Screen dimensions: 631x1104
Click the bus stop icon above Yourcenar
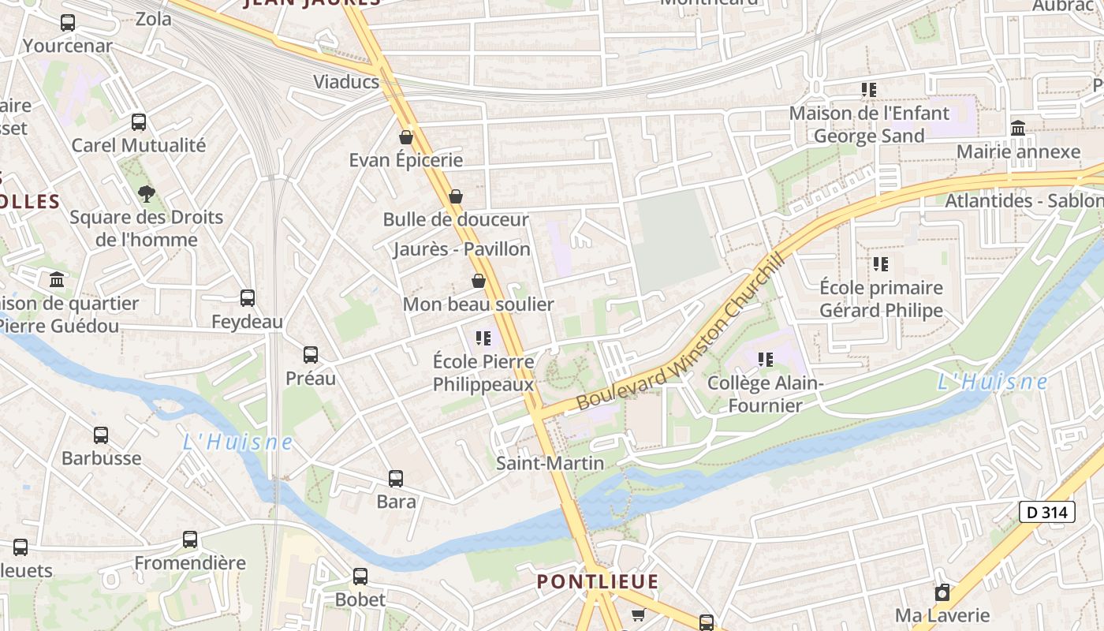[x=68, y=23]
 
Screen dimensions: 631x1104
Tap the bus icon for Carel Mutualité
[x=139, y=122]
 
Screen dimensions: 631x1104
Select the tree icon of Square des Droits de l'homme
[x=146, y=193]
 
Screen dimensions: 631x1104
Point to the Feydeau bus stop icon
[x=248, y=298]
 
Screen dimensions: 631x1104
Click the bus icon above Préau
[x=311, y=355]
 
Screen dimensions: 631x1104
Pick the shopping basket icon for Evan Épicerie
[x=406, y=137]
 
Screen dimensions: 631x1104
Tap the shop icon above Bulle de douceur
[x=455, y=196]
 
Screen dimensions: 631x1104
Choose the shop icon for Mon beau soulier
[x=478, y=281]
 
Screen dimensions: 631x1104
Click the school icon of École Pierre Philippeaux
[x=483, y=338]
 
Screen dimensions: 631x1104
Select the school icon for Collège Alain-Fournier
[x=765, y=360]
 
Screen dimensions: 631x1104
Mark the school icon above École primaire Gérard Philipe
[x=881, y=264]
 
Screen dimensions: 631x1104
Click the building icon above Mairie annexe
[x=1018, y=128]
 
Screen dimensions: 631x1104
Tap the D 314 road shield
[x=1047, y=512]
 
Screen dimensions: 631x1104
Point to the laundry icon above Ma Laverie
[x=942, y=592]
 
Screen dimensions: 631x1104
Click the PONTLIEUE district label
[x=597, y=582]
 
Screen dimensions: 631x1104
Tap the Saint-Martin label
[x=550, y=463]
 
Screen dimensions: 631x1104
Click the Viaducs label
[x=346, y=82]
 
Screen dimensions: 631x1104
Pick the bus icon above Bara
[x=396, y=478]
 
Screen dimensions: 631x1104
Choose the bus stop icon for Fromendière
[x=190, y=540]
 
